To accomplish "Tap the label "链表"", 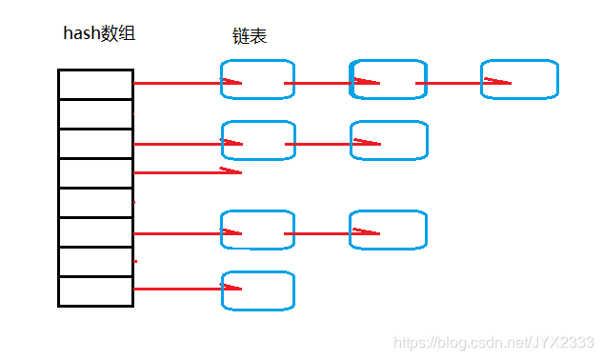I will click(250, 36).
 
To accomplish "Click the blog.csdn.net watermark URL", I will click(493, 342).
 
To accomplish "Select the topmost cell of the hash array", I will click(95, 84).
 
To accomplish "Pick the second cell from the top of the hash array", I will click(95, 113).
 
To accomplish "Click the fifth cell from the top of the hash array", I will click(95, 203).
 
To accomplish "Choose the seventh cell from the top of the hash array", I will click(95, 262).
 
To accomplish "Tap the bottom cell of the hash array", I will click(95, 291).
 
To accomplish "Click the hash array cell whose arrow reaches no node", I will click(95, 173).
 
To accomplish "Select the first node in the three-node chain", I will click(257, 80).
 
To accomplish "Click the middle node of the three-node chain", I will click(389, 80).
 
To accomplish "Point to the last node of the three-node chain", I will click(519, 80).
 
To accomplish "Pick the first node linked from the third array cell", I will click(257, 140).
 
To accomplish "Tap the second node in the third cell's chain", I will click(389, 140).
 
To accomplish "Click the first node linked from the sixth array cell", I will click(257, 230).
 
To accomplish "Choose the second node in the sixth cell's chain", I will click(389, 230).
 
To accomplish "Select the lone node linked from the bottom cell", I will click(257, 290).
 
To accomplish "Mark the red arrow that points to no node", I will click(186, 172).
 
